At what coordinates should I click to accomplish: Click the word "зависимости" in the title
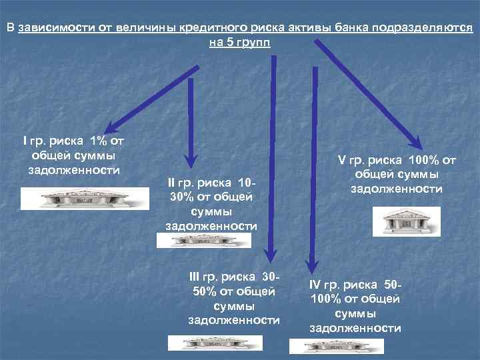point(56,29)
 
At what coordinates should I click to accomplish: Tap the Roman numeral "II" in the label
point(172,182)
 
